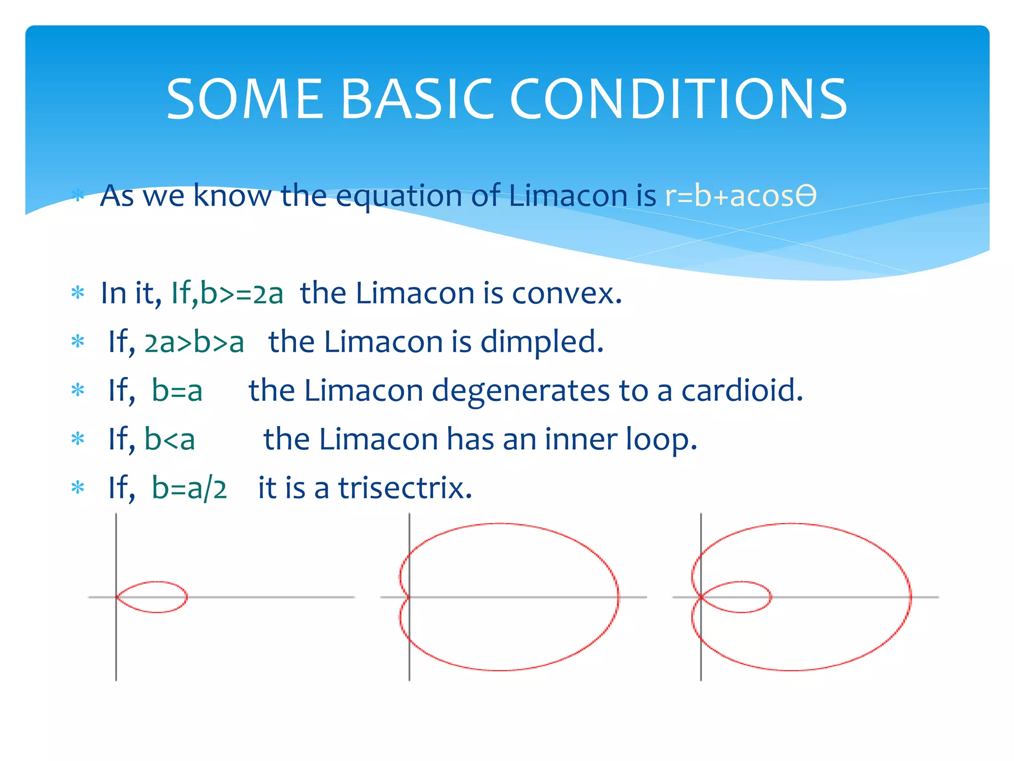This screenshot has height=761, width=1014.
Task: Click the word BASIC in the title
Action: point(417,100)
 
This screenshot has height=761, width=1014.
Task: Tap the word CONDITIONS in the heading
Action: point(678,100)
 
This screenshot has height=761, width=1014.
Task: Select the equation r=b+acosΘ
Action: point(740,196)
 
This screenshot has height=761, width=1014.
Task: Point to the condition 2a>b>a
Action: point(194,342)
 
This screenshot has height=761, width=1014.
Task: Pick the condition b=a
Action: point(177,390)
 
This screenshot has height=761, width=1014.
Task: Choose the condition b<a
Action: point(170,439)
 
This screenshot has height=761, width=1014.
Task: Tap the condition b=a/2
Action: point(189,488)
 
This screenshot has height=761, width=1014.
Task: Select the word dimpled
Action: point(542,342)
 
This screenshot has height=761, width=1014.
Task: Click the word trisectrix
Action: point(405,488)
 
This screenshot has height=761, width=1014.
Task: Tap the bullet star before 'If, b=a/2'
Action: point(78,488)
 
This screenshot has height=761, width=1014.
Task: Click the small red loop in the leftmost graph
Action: point(186,597)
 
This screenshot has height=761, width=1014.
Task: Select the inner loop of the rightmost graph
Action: point(770,597)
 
